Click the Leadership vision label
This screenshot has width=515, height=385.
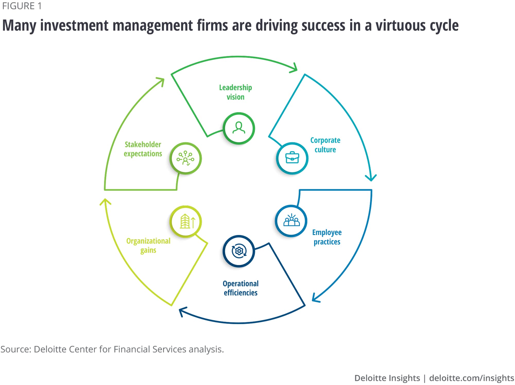(x=235, y=92)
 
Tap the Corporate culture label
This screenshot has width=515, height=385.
(x=325, y=145)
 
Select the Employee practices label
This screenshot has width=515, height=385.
(x=327, y=237)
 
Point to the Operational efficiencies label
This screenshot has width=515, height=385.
(x=241, y=288)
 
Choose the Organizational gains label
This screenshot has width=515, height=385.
(x=148, y=246)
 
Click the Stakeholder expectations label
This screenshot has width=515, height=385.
(x=143, y=149)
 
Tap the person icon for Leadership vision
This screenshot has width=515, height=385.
(x=239, y=128)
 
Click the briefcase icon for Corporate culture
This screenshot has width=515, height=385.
(x=292, y=158)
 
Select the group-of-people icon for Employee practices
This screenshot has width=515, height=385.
(x=291, y=221)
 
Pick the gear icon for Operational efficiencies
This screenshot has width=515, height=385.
(x=239, y=251)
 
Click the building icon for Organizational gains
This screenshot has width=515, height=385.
(x=186, y=221)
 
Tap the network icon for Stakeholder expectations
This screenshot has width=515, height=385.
(x=185, y=158)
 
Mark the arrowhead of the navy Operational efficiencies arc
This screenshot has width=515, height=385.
(x=182, y=311)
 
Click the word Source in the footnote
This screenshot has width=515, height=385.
(x=16, y=349)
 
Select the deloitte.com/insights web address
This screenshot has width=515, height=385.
(x=471, y=378)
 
